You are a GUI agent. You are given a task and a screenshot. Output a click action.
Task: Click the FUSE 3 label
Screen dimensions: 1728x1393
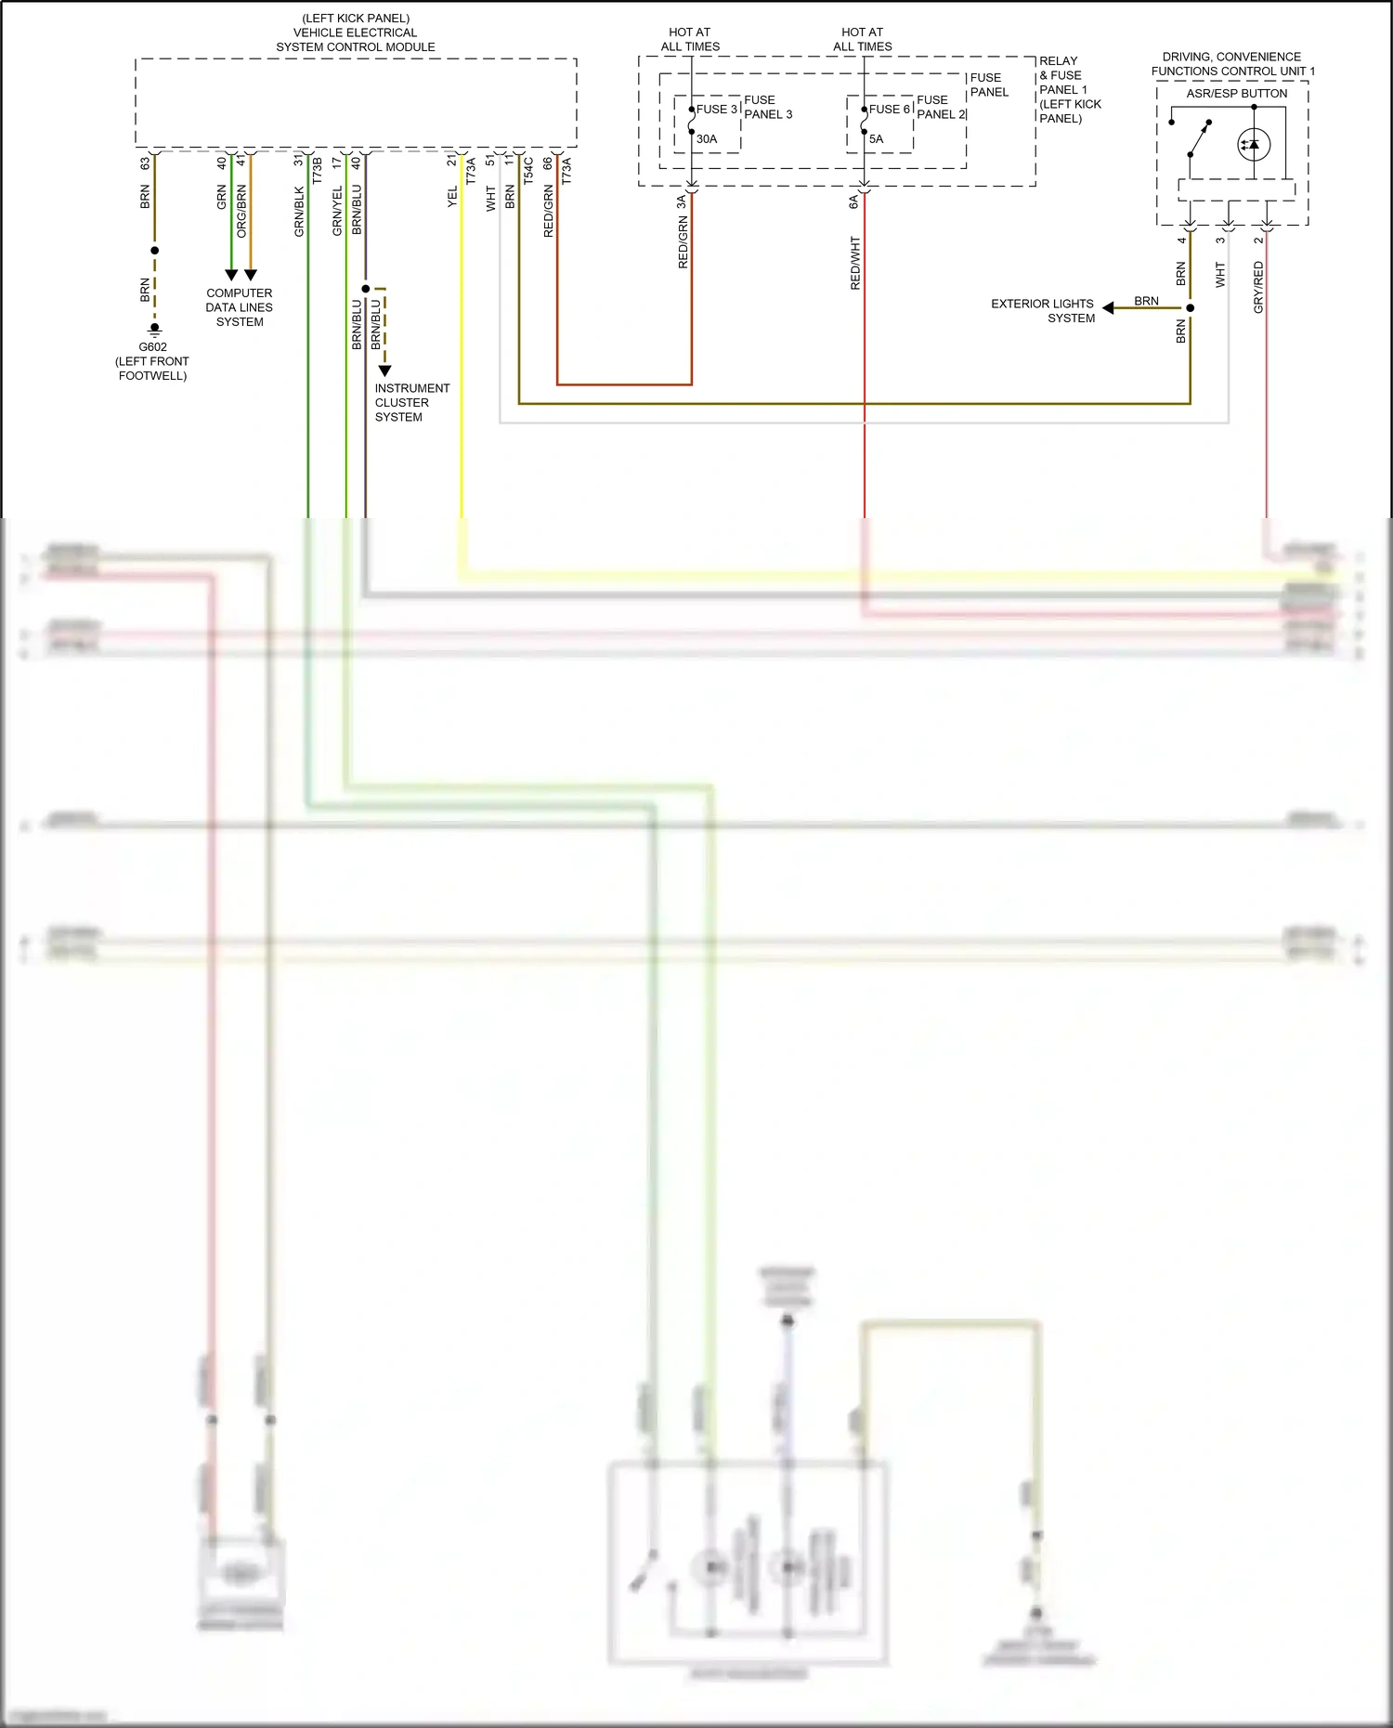tap(716, 109)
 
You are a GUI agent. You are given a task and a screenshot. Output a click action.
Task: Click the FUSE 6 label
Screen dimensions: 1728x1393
tap(889, 109)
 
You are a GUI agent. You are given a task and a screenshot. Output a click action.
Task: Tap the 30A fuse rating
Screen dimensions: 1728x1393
tap(707, 139)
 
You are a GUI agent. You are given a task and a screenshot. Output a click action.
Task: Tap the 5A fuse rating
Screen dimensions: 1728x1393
tap(876, 139)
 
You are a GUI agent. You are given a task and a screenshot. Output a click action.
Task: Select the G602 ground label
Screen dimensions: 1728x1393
tap(152, 347)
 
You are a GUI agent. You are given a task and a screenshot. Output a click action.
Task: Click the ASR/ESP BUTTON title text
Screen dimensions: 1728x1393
tap(1236, 94)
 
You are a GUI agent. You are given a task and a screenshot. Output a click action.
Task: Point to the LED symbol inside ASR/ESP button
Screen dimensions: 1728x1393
tap(1254, 145)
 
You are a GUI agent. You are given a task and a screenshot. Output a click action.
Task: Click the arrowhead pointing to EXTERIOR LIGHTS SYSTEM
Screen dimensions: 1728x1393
tap(1108, 308)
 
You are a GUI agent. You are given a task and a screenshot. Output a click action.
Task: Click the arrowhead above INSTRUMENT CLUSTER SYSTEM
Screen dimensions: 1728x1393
tap(384, 370)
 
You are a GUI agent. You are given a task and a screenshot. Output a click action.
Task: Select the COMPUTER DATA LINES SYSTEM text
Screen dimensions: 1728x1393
tap(240, 307)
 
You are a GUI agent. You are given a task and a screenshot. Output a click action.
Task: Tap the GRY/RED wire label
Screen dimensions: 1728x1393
tap(1258, 286)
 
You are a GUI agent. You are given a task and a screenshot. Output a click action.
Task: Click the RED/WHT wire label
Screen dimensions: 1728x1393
tap(855, 263)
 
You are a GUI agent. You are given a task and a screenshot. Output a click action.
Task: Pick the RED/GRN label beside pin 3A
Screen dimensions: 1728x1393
tap(683, 242)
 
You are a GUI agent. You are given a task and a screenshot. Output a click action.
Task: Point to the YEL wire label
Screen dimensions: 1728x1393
tap(452, 196)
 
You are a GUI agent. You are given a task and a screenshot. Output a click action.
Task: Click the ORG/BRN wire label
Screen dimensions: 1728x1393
tap(241, 211)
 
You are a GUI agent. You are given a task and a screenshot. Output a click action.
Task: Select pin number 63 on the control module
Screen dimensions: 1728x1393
tap(145, 162)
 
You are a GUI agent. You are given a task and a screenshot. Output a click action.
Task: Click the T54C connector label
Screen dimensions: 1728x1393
tap(528, 171)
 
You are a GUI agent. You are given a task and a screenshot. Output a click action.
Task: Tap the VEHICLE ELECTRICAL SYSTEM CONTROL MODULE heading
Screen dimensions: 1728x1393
tap(355, 32)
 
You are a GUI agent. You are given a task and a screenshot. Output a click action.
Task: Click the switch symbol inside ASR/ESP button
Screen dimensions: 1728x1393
tap(1198, 139)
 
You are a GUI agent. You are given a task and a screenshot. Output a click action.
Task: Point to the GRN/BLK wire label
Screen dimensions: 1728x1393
tap(299, 212)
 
